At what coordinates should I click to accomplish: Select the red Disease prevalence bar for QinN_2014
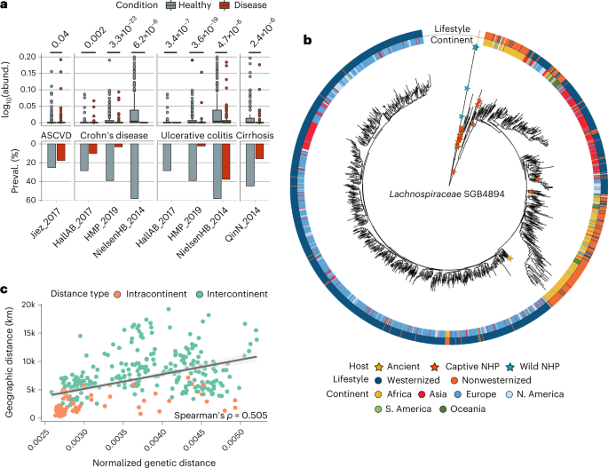point(258,151)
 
